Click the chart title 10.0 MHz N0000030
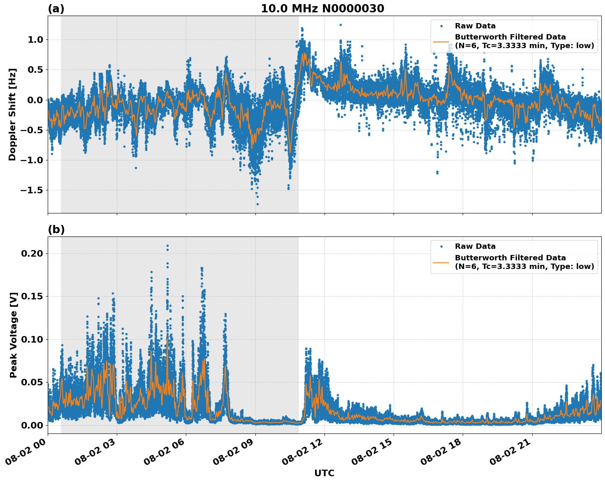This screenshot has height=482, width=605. [322, 9]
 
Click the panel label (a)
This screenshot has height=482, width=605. [56, 9]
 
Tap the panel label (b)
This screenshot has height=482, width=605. [56, 229]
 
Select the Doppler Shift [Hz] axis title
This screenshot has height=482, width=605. [12, 114]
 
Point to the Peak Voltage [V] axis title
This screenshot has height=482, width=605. [14, 335]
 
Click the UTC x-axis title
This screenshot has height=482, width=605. [324, 473]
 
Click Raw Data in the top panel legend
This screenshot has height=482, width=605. [475, 26]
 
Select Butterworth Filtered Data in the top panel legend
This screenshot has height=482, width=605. [510, 37]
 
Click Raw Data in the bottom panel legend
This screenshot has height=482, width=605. [475, 246]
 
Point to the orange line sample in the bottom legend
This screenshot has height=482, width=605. [441, 262]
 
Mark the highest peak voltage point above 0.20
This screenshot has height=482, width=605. [167, 246]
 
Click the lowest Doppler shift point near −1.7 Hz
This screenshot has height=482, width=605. [257, 204]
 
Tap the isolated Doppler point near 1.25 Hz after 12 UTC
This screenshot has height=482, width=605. [341, 25]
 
